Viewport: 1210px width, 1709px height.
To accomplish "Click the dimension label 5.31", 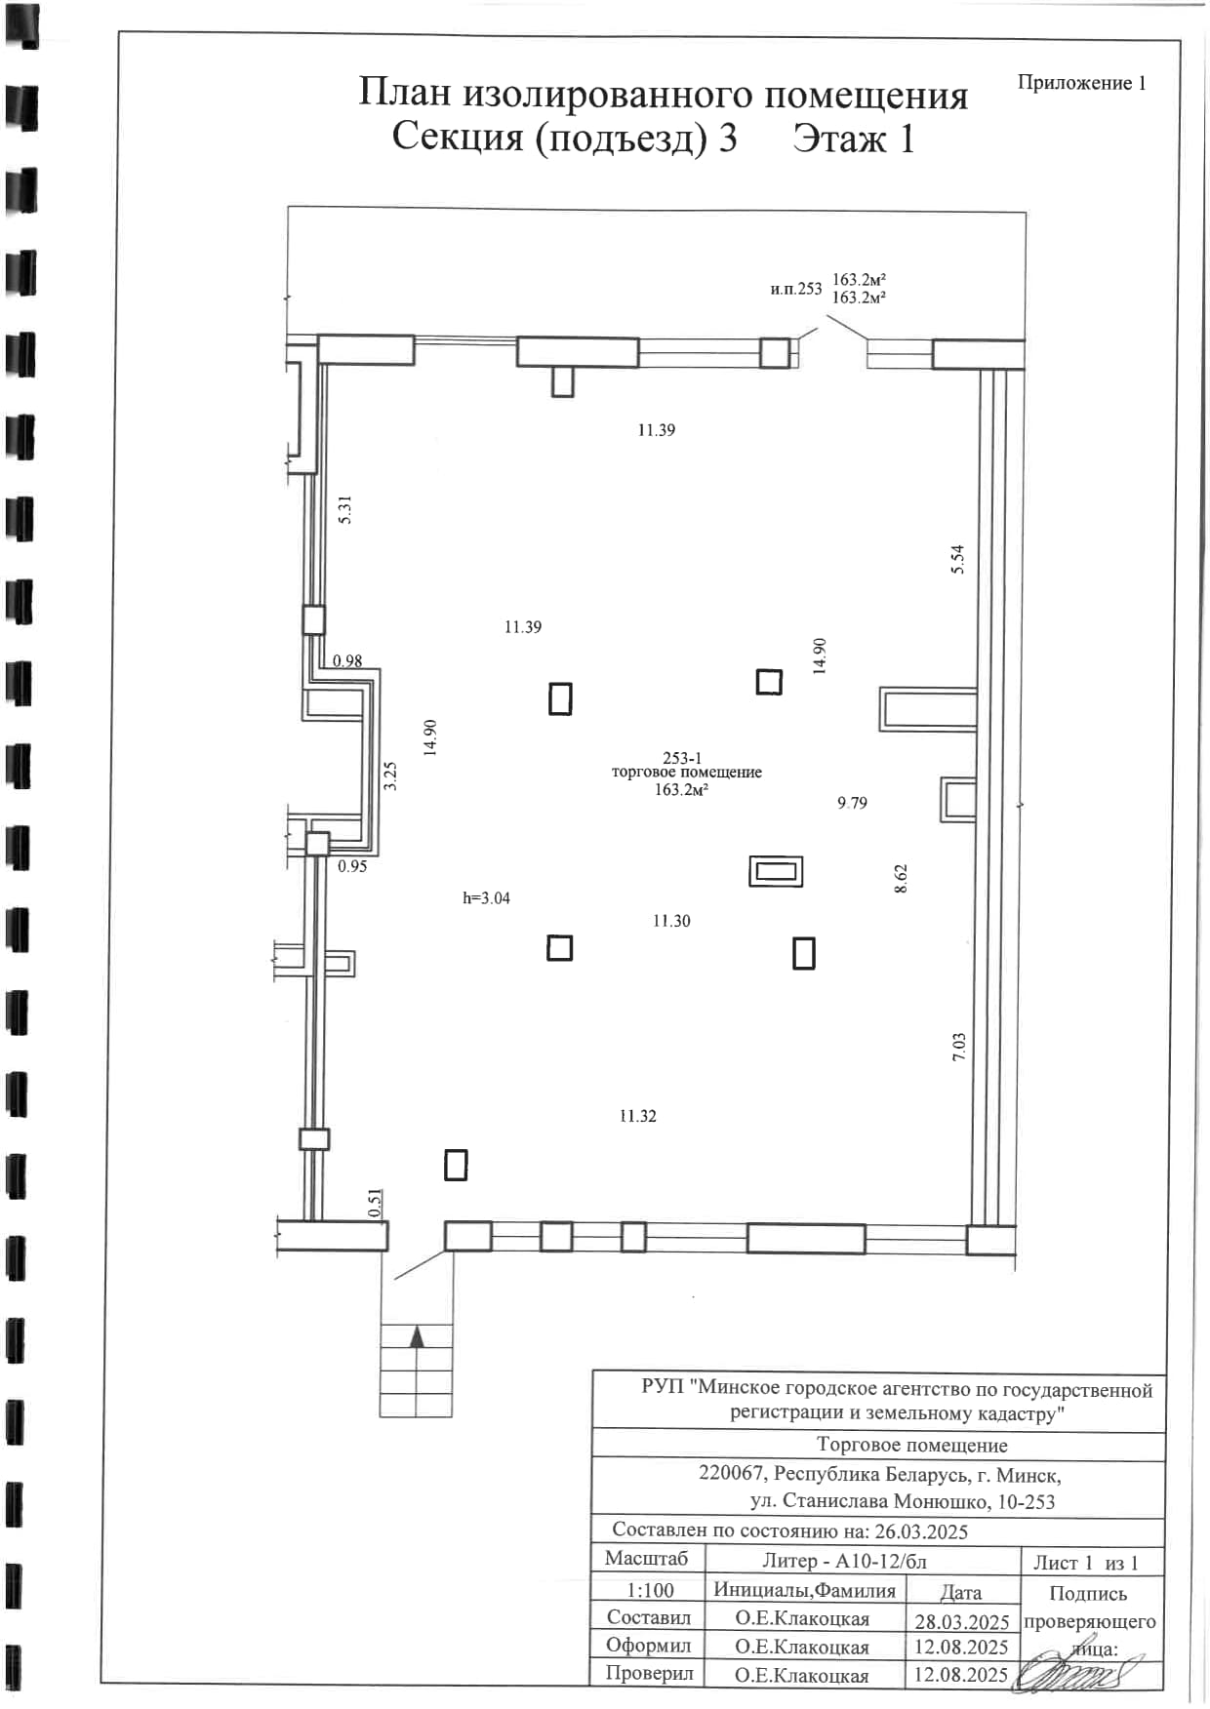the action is pyautogui.click(x=344, y=510).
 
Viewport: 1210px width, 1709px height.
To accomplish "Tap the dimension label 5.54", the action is pyautogui.click(x=957, y=559).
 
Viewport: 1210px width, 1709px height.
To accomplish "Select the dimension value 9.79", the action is pyautogui.click(x=852, y=803).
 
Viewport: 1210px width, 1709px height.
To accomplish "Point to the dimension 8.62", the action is pyautogui.click(x=901, y=879).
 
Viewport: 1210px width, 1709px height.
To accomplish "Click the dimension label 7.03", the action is pyautogui.click(x=959, y=1047).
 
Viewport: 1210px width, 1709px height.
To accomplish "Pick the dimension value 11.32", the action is pyautogui.click(x=638, y=1116).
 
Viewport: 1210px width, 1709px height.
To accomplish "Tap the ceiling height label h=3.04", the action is pyautogui.click(x=486, y=898).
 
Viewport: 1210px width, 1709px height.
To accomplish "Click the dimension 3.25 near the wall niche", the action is pyautogui.click(x=390, y=776).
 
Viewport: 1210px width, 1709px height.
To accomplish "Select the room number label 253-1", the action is pyautogui.click(x=682, y=758).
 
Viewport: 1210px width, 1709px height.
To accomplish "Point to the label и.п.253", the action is pyautogui.click(x=796, y=289).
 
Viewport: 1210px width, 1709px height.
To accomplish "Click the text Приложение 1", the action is pyautogui.click(x=1082, y=83).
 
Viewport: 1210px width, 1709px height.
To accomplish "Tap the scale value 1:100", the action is pyautogui.click(x=650, y=1590).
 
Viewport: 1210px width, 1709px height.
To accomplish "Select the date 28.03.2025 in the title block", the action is pyautogui.click(x=961, y=1622).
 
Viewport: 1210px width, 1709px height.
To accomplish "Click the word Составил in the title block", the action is pyautogui.click(x=649, y=1618).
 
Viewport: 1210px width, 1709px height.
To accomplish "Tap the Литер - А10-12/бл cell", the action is pyautogui.click(x=844, y=1562).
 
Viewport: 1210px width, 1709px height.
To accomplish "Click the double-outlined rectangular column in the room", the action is pyautogui.click(x=776, y=871).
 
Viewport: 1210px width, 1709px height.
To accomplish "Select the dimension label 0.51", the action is pyautogui.click(x=376, y=1203).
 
